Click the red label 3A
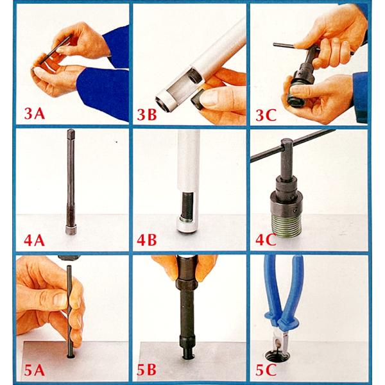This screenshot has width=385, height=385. [35, 114]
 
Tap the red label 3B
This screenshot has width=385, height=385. [147, 114]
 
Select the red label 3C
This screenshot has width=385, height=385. [266, 115]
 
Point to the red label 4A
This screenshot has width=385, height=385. [35, 240]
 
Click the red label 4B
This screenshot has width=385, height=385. [147, 240]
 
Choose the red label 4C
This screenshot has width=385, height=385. [266, 240]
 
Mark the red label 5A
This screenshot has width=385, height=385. [35, 370]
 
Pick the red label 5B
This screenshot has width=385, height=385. [146, 370]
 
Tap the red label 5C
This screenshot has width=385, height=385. [266, 370]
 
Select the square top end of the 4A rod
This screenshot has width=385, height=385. [71, 133]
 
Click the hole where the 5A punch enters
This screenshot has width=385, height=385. [71, 355]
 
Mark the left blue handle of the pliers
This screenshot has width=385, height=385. [272, 291]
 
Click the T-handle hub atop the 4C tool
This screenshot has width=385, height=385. [287, 157]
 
